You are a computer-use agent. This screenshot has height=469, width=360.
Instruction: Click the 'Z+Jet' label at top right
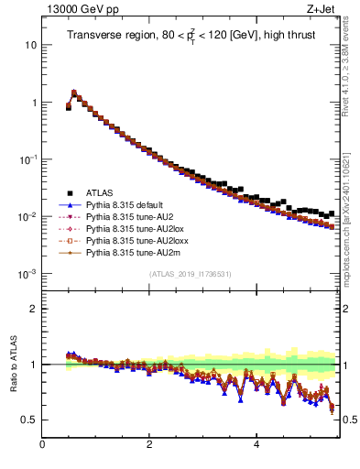(x=324, y=10)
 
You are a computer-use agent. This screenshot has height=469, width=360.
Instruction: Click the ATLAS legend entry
(x=100, y=192)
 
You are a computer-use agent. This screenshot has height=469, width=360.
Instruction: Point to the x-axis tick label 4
(x=256, y=445)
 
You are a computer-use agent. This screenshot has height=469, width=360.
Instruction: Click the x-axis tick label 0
(x=42, y=445)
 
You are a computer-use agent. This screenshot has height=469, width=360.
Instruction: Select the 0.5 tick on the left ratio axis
(x=29, y=420)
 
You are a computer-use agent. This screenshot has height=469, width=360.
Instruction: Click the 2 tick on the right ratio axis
(x=347, y=309)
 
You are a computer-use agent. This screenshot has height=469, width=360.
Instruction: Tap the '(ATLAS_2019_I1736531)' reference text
(x=191, y=274)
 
